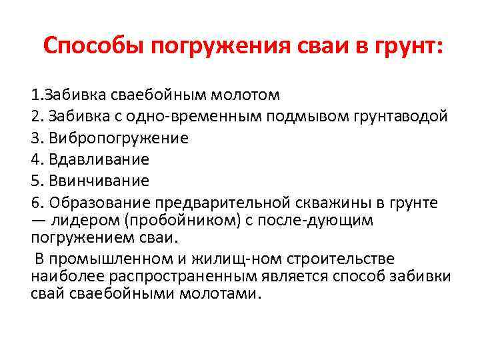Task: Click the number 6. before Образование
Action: [x=37, y=203]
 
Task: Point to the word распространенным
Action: [x=187, y=276]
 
